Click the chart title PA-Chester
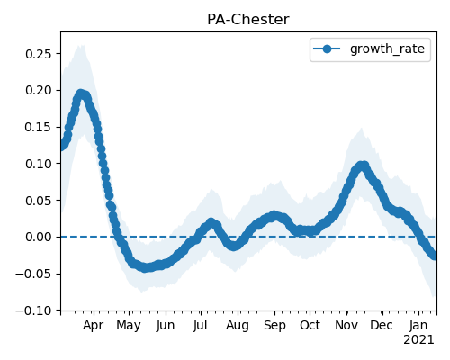point(248,20)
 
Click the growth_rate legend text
point(387,49)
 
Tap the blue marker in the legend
point(327,49)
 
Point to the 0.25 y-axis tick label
point(39,54)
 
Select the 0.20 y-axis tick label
point(39,90)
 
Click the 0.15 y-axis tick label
point(39,127)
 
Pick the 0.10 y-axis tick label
point(39,164)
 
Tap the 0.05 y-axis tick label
point(39,201)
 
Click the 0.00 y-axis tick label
point(39,237)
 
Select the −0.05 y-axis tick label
point(33,274)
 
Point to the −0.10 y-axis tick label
point(33,310)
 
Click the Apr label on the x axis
point(94,326)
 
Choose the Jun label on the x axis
point(166,326)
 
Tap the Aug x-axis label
point(238,326)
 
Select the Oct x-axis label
point(310,325)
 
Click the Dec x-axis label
point(382,325)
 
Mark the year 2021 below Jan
point(418,340)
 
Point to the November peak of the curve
point(363,166)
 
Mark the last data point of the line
point(435,256)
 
